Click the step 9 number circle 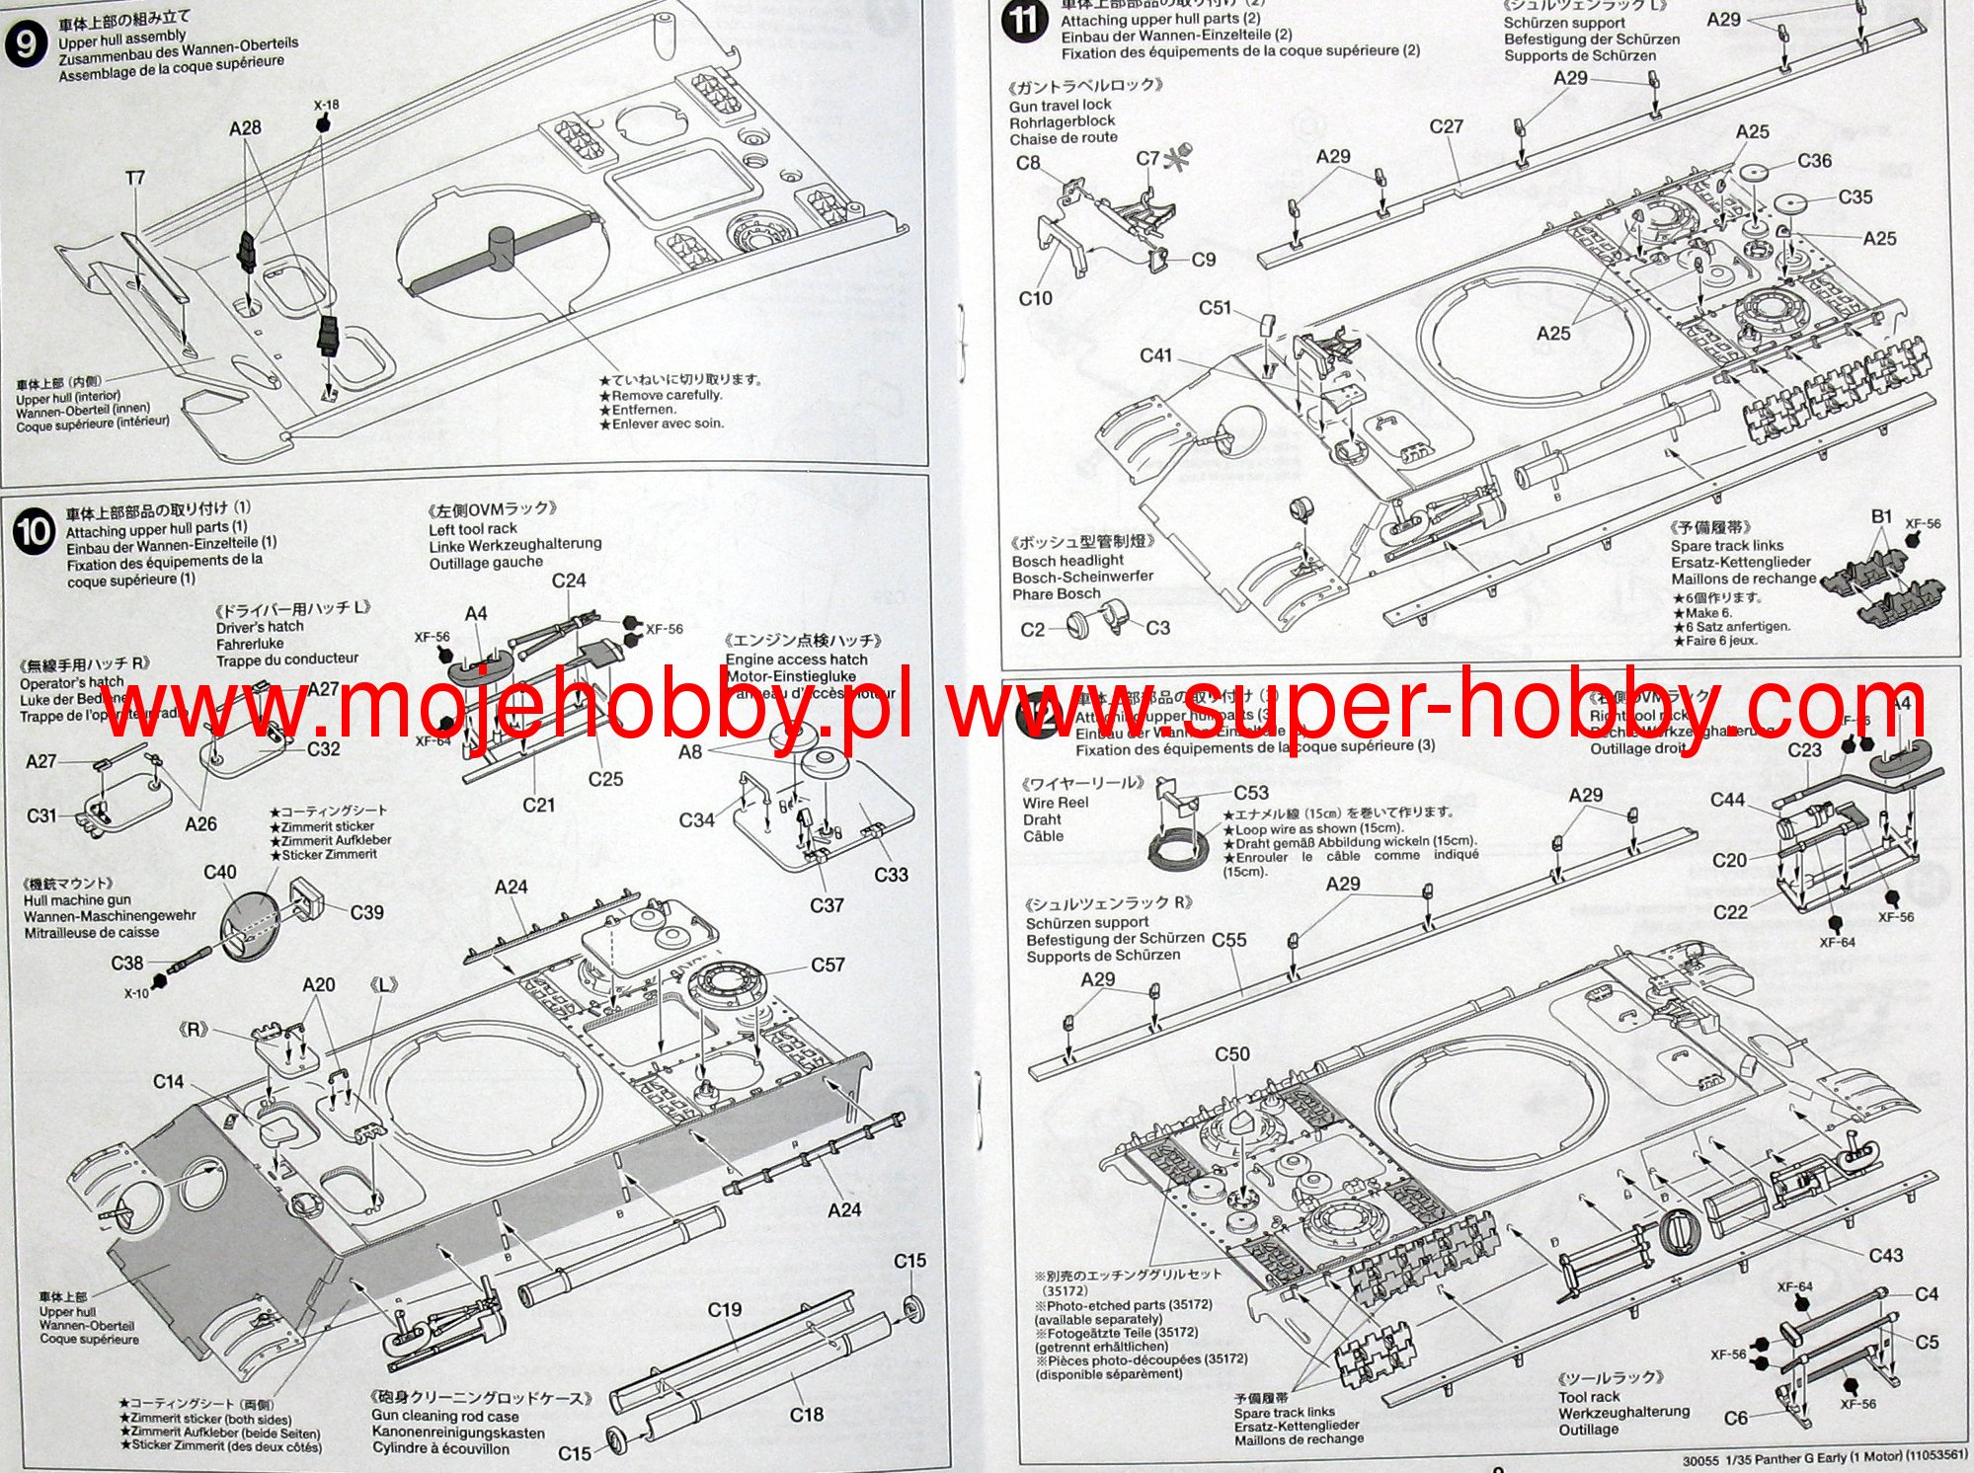point(26,45)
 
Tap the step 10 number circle point(33,533)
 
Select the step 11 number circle point(1025,22)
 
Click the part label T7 point(135,178)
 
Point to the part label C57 point(828,965)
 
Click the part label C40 point(219,872)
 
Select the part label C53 point(1250,793)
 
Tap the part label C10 point(1035,298)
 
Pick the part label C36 point(1814,161)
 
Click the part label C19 point(724,1309)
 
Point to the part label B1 point(1881,516)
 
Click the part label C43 point(1885,1255)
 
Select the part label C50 point(1231,1054)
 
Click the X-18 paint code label point(326,105)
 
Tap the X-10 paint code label point(136,993)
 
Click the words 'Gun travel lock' point(1060,105)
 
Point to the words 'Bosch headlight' point(1067,560)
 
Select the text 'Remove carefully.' point(667,395)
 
